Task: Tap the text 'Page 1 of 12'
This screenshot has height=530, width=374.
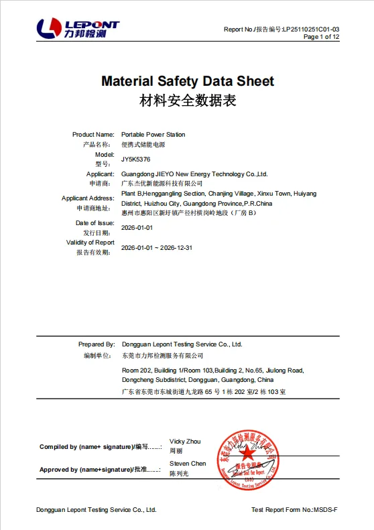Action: (322, 37)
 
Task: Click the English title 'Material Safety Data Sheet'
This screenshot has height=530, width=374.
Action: (187, 81)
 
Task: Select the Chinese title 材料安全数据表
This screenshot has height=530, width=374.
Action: (187, 101)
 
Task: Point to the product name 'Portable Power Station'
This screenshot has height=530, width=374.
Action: (153, 135)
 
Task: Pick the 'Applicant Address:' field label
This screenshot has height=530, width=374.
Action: (88, 198)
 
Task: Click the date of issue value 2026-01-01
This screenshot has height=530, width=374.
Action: (137, 228)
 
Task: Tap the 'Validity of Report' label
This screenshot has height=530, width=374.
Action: (90, 243)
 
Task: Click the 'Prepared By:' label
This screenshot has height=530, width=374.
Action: (97, 344)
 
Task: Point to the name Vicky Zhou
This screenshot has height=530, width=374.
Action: (185, 442)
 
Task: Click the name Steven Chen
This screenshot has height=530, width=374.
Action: (188, 464)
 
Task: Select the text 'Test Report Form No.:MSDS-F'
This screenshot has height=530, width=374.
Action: (294, 510)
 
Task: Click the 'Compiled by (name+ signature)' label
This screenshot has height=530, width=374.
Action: (86, 447)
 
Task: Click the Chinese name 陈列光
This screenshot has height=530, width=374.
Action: (179, 474)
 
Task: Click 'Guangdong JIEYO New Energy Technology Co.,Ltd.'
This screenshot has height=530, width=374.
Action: (194, 174)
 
